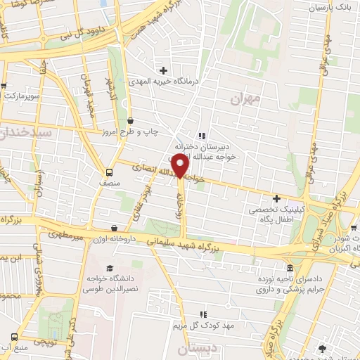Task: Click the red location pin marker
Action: (x=181, y=166)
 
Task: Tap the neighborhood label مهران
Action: (x=245, y=98)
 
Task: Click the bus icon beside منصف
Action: (x=109, y=172)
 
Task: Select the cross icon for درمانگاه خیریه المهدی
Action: (x=163, y=70)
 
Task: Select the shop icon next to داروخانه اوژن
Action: (x=115, y=227)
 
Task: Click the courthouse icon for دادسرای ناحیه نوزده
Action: (x=290, y=268)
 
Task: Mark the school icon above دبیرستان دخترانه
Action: (x=202, y=136)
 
